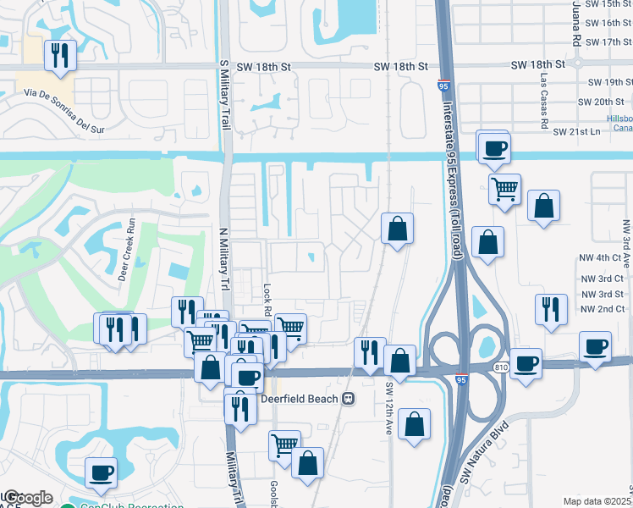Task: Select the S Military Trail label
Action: point(223,88)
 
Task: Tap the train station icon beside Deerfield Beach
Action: point(348,399)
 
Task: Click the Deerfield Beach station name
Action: point(300,399)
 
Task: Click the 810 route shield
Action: point(499,366)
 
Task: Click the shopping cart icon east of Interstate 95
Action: point(504,189)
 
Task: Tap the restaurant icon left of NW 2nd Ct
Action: point(551,309)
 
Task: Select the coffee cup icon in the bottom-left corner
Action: point(101,472)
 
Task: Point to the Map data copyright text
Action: point(597,501)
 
